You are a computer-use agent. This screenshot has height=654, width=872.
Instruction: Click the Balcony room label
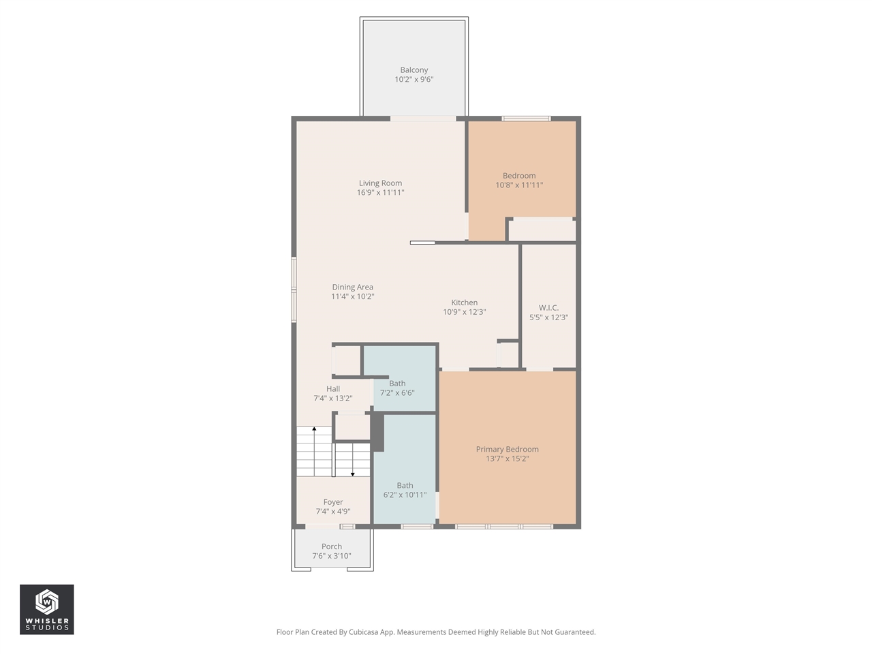click(x=414, y=70)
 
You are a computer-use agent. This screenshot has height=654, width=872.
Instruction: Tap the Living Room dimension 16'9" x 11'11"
click(x=380, y=193)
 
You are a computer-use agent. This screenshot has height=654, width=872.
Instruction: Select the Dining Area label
click(x=352, y=287)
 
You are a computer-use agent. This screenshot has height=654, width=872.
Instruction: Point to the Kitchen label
click(x=464, y=302)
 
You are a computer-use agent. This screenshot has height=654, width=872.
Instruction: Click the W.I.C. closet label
click(x=548, y=308)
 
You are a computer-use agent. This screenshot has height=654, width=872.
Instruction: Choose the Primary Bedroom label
click(x=507, y=450)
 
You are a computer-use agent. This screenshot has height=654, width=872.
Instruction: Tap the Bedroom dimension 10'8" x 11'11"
click(x=519, y=185)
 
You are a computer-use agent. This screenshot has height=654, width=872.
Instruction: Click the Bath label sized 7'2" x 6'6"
click(x=397, y=384)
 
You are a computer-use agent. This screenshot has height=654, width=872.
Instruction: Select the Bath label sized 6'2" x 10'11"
click(x=405, y=486)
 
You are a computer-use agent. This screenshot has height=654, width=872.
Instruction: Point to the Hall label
click(x=333, y=389)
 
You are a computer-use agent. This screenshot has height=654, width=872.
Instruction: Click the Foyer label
click(x=333, y=502)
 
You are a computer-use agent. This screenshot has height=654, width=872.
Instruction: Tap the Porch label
click(x=332, y=546)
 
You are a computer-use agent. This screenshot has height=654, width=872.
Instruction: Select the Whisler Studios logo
click(x=46, y=609)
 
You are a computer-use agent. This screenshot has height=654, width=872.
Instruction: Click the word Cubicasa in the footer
click(x=363, y=632)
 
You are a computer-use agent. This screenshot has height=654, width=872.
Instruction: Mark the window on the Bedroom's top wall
click(x=526, y=119)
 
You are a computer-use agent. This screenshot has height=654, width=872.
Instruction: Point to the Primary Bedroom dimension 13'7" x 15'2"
click(x=507, y=459)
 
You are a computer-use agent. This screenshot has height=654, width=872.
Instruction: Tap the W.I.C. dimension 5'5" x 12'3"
click(x=548, y=317)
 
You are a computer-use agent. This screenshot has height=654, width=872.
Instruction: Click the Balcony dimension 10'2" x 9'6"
click(x=414, y=80)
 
